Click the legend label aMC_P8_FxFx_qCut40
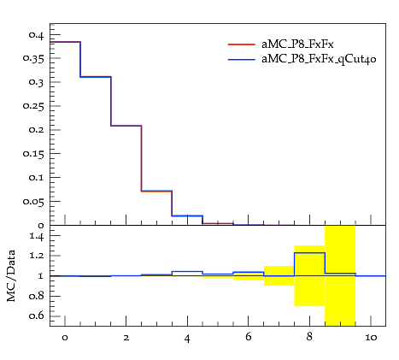(319, 59)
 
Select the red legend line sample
(241, 44)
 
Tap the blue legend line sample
(241, 60)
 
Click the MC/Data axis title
(11, 275)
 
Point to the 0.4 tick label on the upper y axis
(36, 35)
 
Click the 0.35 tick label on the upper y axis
(33, 59)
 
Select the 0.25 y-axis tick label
(33, 106)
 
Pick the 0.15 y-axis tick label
(33, 154)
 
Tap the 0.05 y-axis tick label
(33, 202)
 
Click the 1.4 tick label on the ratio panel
(36, 237)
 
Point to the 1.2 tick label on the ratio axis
(36, 256)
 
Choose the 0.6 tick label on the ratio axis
(36, 316)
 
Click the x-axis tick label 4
(187, 339)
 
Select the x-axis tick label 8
(309, 337)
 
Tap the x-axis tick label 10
(371, 338)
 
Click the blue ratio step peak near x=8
(309, 253)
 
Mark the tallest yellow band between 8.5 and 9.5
(340, 275)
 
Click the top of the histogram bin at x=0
(65, 42)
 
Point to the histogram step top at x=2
(126, 126)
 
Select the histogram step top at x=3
(156, 191)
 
